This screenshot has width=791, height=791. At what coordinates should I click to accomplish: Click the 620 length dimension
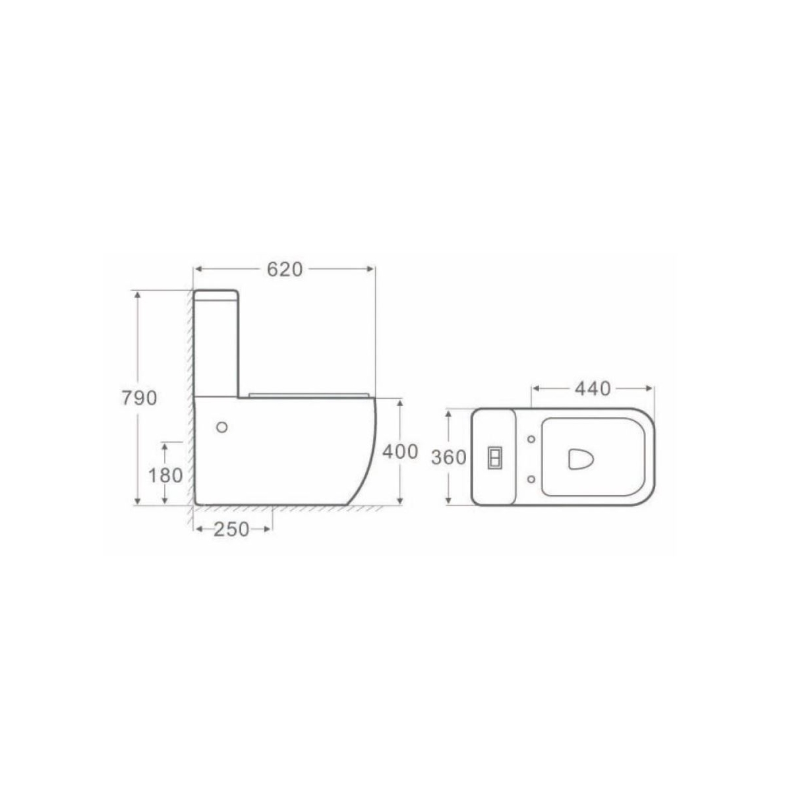[285, 269]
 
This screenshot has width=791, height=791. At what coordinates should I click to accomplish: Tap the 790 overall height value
[139, 398]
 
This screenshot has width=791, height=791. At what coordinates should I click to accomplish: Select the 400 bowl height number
[400, 452]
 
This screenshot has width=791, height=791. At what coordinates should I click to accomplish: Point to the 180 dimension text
[165, 475]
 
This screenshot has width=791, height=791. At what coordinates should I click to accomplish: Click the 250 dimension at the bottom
[231, 529]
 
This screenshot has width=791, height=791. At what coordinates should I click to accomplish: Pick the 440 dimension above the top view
[593, 389]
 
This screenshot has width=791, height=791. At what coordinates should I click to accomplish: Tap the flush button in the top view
[494, 457]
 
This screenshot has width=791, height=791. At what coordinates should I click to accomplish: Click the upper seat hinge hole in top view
[531, 440]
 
